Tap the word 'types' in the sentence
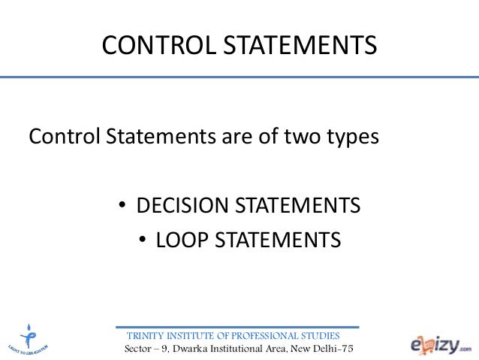coord(344,138)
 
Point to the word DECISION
coord(180,205)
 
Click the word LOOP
coord(182,241)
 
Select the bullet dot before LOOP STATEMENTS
coord(142,241)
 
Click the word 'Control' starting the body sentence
coord(63,138)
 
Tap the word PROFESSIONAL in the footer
coord(263,335)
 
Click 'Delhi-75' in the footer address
coord(334,350)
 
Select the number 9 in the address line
coord(164,350)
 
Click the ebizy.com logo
coord(440,342)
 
